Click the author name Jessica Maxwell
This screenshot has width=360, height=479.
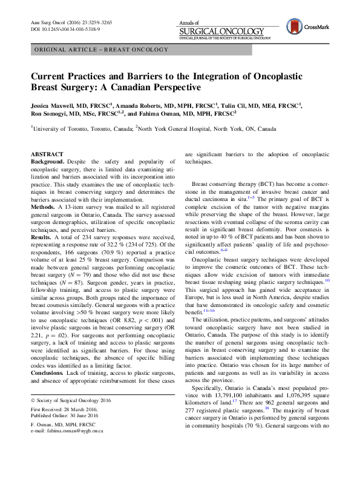[55, 105]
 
